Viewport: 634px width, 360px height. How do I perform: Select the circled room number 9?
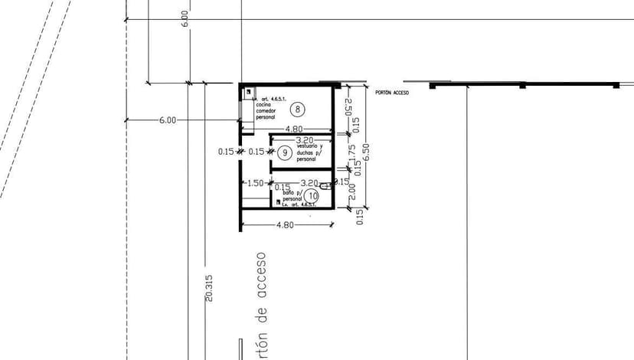click(284, 152)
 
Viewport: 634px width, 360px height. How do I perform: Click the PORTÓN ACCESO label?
click(392, 93)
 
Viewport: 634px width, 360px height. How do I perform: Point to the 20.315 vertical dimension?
click(209, 288)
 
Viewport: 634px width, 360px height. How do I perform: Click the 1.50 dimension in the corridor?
click(255, 183)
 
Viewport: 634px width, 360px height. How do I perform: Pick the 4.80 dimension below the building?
click(284, 225)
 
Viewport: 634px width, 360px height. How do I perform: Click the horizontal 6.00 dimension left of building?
click(168, 120)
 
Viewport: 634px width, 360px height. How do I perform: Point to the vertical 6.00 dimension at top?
click(185, 19)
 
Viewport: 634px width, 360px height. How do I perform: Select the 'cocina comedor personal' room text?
click(266, 111)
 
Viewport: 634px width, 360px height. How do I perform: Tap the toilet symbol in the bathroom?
click(325, 186)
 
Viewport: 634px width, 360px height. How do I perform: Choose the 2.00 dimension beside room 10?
click(353, 191)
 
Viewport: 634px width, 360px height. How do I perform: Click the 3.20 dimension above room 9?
click(305, 140)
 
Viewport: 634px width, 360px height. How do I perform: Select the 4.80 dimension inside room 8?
click(295, 129)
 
